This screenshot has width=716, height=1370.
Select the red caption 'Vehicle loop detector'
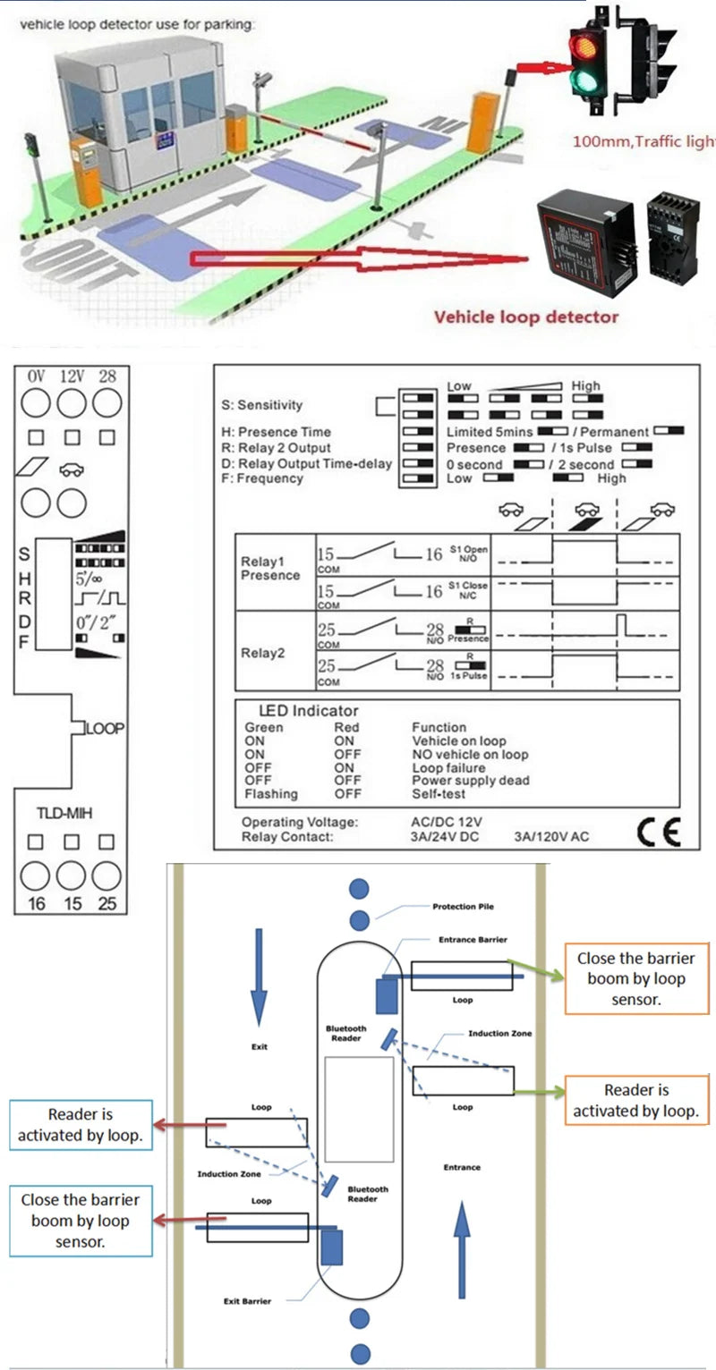(525, 317)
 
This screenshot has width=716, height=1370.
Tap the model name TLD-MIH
(64, 813)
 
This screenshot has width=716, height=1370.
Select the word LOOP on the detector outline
(105, 729)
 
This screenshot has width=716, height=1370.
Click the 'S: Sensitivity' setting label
(262, 405)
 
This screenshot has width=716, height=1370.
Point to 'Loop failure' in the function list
(448, 767)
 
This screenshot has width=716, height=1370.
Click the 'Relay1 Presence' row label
(270, 569)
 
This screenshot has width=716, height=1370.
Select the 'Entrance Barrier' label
(473, 940)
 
